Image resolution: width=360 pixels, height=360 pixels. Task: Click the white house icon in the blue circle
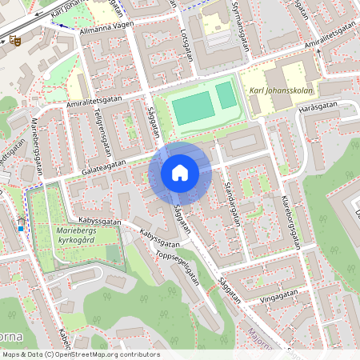click(180, 173)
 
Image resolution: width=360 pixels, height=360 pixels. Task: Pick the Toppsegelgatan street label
click(178, 266)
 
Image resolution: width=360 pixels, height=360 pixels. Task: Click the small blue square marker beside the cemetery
click(21, 228)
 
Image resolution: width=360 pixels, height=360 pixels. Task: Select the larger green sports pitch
click(193, 108)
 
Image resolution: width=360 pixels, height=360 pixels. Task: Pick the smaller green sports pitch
click(226, 95)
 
